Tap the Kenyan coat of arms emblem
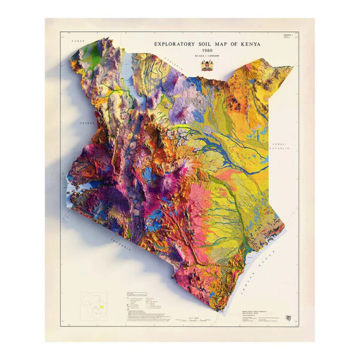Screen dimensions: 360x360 (x=208, y=65)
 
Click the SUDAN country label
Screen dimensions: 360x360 (x=76, y=40)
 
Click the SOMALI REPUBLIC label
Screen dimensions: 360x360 (x=280, y=146)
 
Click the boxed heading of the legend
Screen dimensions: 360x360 (x=136, y=295)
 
